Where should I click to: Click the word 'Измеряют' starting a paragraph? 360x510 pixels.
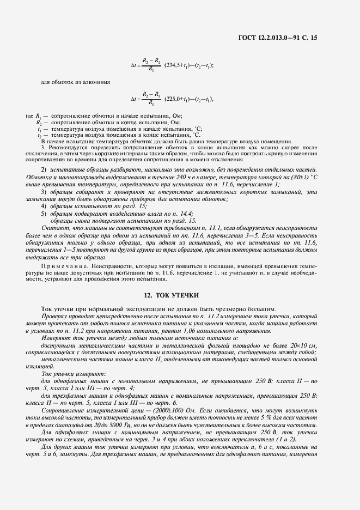point(54,339)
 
